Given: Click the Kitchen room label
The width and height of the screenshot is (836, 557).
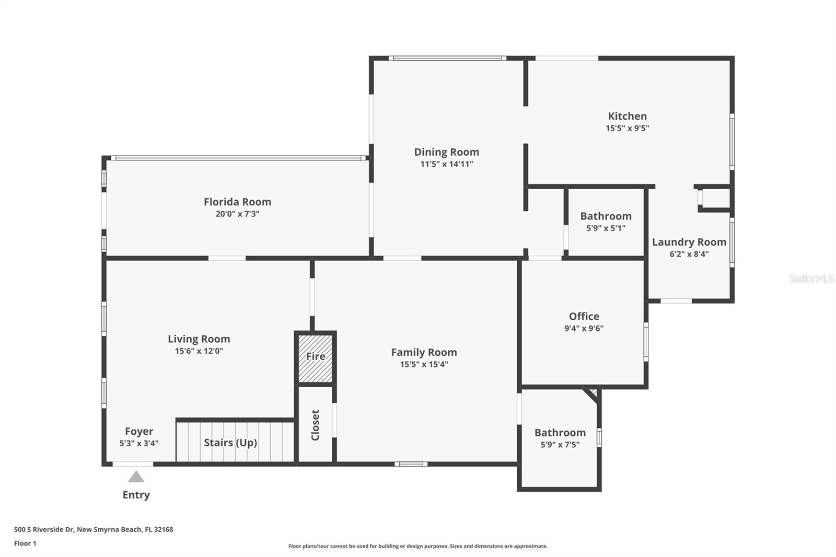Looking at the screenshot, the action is [x=627, y=116].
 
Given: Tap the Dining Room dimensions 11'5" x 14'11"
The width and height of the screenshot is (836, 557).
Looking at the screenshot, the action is [x=446, y=164].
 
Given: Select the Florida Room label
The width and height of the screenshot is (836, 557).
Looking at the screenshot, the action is [x=237, y=202].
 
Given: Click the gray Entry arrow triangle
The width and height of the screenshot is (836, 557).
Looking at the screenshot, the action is [x=136, y=477].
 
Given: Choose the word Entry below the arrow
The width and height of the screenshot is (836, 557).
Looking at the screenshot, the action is [x=136, y=495].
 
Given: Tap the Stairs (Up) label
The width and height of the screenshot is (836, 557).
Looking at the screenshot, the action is [x=230, y=443].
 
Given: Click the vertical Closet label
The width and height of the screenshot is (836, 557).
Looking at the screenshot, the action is [x=316, y=425].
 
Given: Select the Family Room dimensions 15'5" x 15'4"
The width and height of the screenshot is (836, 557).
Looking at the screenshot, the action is [x=424, y=364].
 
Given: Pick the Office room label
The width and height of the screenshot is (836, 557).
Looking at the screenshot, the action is [x=584, y=316].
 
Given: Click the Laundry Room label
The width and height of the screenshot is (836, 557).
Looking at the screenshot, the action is [x=689, y=242].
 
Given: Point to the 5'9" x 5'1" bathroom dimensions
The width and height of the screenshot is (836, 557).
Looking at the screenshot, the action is [x=606, y=228].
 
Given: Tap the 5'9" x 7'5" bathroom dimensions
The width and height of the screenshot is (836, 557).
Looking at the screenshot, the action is [x=560, y=445].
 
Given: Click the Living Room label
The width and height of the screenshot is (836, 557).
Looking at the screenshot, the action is [x=199, y=339].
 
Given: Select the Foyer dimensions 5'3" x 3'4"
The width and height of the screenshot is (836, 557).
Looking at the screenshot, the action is [x=139, y=443].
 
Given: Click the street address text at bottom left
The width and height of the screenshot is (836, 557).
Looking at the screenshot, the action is [x=94, y=529].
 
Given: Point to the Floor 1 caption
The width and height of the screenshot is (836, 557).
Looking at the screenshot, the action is [x=26, y=543].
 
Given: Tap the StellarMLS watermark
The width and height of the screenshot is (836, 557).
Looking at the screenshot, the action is [x=811, y=278].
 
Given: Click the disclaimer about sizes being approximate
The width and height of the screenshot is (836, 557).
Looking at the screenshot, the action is [x=418, y=546].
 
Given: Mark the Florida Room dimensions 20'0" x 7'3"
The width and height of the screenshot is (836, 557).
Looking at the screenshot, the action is [x=237, y=214].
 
